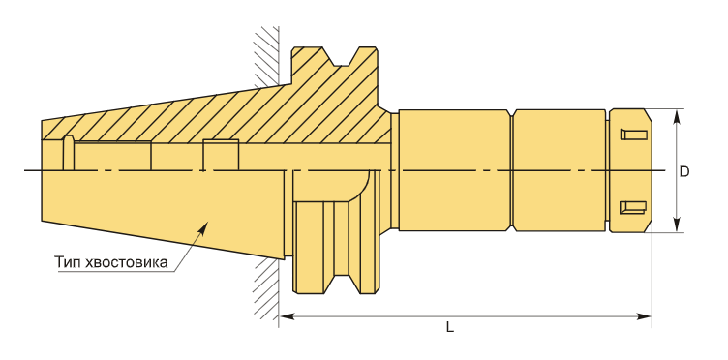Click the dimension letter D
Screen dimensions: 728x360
click(x=684, y=171)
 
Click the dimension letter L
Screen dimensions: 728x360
click(x=450, y=327)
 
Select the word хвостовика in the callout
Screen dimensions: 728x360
click(x=124, y=262)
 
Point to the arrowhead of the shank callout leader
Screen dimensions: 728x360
click(x=203, y=226)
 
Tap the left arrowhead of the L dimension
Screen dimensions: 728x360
click(x=287, y=316)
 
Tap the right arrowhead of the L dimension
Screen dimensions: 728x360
click(x=644, y=316)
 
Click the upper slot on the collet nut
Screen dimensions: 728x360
click(x=634, y=135)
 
